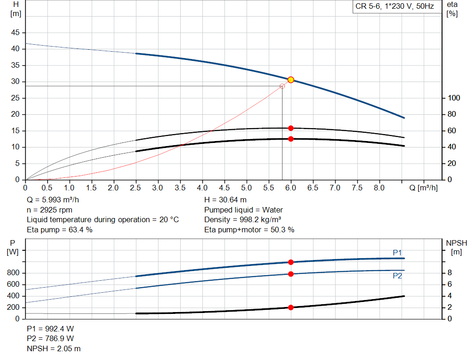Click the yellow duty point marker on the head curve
pyautogui.click(x=291, y=80)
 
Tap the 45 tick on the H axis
pyautogui.click(x=16, y=33)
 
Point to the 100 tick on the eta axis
pyautogui.click(x=451, y=98)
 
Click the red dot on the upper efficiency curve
pyautogui.click(x=291, y=128)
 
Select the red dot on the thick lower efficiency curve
pyautogui.click(x=291, y=139)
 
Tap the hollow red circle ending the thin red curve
pyautogui.click(x=282, y=86)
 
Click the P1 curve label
pyautogui.click(x=397, y=253)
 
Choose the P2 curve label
pyautogui.click(x=397, y=276)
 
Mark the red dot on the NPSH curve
pyautogui.click(x=291, y=307)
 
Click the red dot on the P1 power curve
pyautogui.click(x=291, y=262)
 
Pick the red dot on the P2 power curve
pyautogui.click(x=291, y=274)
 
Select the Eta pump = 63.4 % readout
pyautogui.click(x=59, y=230)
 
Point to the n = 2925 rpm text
pyautogui.click(x=50, y=210)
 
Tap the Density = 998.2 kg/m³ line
pyautogui.click(x=242, y=220)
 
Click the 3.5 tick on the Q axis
pyautogui.click(x=180, y=188)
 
